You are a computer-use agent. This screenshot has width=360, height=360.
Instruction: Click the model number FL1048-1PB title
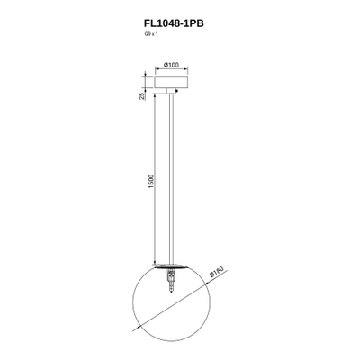click(x=174, y=23)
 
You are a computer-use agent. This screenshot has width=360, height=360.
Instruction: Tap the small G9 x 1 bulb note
click(x=151, y=34)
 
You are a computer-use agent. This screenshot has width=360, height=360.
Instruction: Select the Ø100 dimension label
click(x=171, y=65)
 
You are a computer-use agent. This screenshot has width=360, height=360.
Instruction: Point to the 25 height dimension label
click(x=142, y=96)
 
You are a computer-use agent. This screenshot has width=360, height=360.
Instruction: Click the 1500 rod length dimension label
click(x=151, y=181)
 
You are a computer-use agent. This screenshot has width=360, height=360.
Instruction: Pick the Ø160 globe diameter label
click(x=217, y=272)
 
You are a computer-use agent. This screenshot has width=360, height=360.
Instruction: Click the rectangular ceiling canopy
click(x=171, y=83)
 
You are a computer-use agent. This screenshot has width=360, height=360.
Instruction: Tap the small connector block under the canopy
click(x=171, y=91)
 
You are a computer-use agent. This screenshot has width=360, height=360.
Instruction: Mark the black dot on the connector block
click(x=175, y=93)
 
